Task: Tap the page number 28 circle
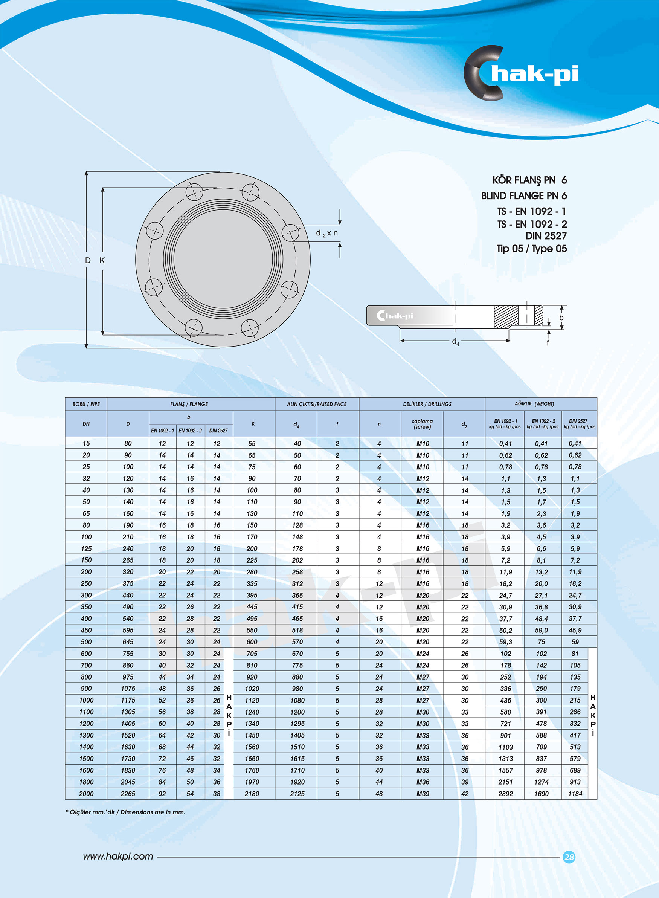tap(569, 857)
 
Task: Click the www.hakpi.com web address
tap(118, 857)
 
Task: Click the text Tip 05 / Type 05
tap(531, 249)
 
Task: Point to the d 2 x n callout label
tap(327, 233)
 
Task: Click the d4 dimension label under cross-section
tap(455, 342)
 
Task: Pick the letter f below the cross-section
tap(548, 343)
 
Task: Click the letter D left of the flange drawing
tap(88, 261)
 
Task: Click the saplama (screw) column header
tap(422, 424)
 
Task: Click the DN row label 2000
tap(86, 794)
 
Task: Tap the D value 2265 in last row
tap(128, 794)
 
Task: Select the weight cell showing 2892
tap(505, 794)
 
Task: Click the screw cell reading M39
tap(423, 794)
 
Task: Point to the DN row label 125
tap(86, 548)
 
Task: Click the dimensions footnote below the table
tap(125, 812)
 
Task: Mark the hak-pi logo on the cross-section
tap(395, 316)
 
